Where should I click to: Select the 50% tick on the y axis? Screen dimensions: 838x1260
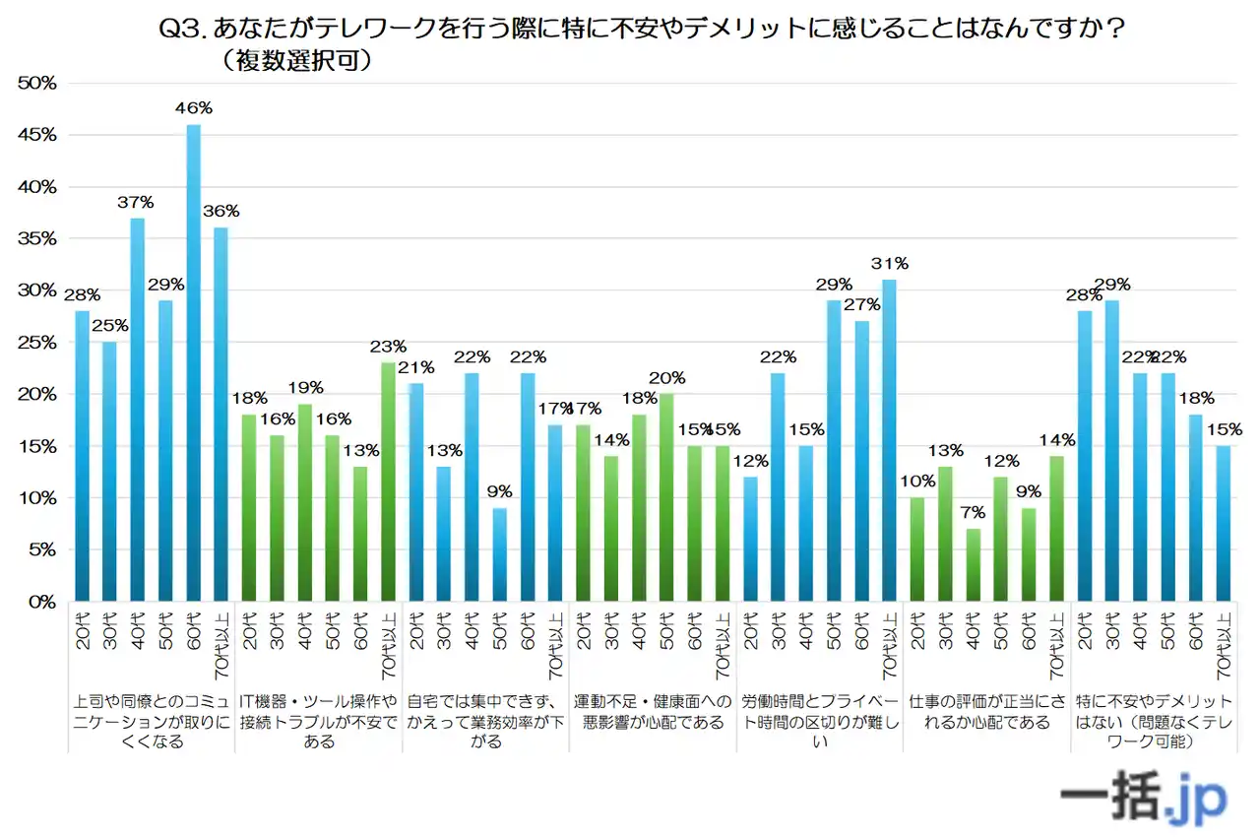coord(37,84)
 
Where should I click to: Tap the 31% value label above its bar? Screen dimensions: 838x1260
coord(889,263)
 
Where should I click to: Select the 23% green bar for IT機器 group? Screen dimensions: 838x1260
coord(387,482)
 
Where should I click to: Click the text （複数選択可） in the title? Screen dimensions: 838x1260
coord(295,61)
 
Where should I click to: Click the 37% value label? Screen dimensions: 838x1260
coord(137,202)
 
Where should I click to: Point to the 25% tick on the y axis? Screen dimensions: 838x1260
coord(37,343)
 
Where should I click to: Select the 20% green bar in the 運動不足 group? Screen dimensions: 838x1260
coord(666,497)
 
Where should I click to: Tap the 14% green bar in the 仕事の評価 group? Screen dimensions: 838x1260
coord(1057,529)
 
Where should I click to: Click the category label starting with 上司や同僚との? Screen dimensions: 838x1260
coord(151,722)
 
